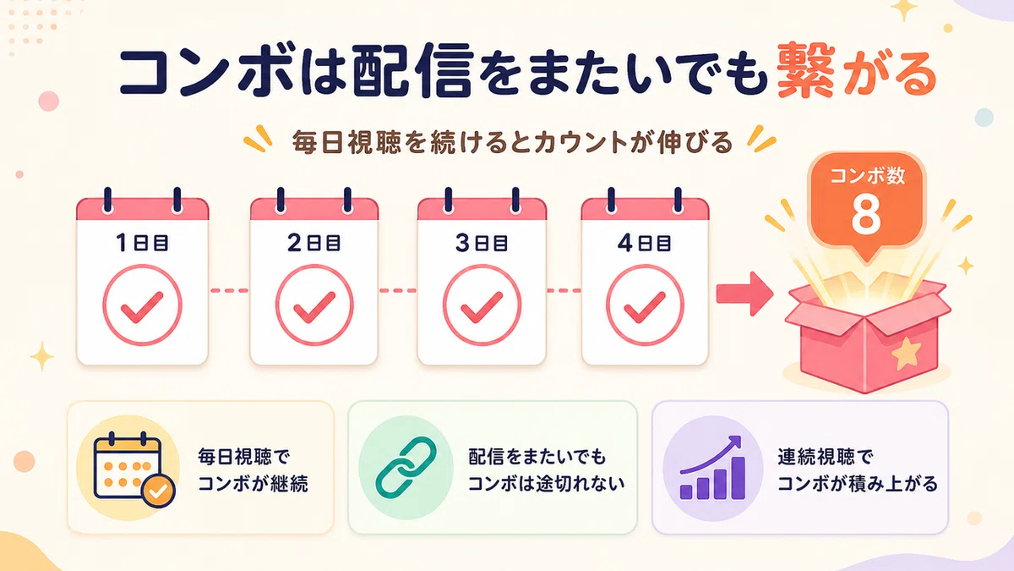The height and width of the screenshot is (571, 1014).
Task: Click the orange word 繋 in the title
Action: (806, 69)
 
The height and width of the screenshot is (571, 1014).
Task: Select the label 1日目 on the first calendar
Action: (142, 243)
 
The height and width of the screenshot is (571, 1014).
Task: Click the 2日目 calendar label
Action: (313, 243)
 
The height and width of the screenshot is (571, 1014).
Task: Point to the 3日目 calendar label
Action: (481, 243)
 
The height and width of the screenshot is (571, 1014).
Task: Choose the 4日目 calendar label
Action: (644, 244)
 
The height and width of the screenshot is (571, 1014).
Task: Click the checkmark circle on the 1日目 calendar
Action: (142, 305)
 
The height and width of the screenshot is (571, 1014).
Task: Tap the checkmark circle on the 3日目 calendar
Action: (482, 305)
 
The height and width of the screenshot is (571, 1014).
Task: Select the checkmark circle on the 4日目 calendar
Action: (645, 305)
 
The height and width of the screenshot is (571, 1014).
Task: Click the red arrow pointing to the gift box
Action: (744, 294)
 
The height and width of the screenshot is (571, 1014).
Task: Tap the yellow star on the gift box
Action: (907, 352)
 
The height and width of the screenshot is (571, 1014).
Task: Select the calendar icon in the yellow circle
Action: (128, 468)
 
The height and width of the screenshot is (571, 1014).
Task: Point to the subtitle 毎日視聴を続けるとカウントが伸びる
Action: (511, 142)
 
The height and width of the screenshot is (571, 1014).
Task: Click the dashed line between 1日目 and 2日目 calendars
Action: (229, 290)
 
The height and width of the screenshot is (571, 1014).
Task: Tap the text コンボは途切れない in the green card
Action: (546, 484)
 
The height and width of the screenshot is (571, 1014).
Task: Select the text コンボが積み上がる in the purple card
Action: (858, 484)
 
